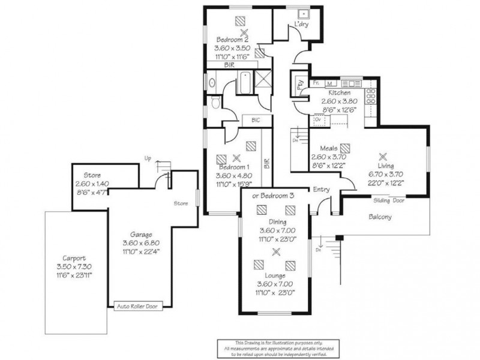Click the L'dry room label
[300, 25]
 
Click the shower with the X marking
[262, 79]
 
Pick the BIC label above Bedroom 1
[256, 121]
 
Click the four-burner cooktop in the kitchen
[371, 94]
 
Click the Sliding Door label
[389, 200]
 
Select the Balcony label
[380, 217]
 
